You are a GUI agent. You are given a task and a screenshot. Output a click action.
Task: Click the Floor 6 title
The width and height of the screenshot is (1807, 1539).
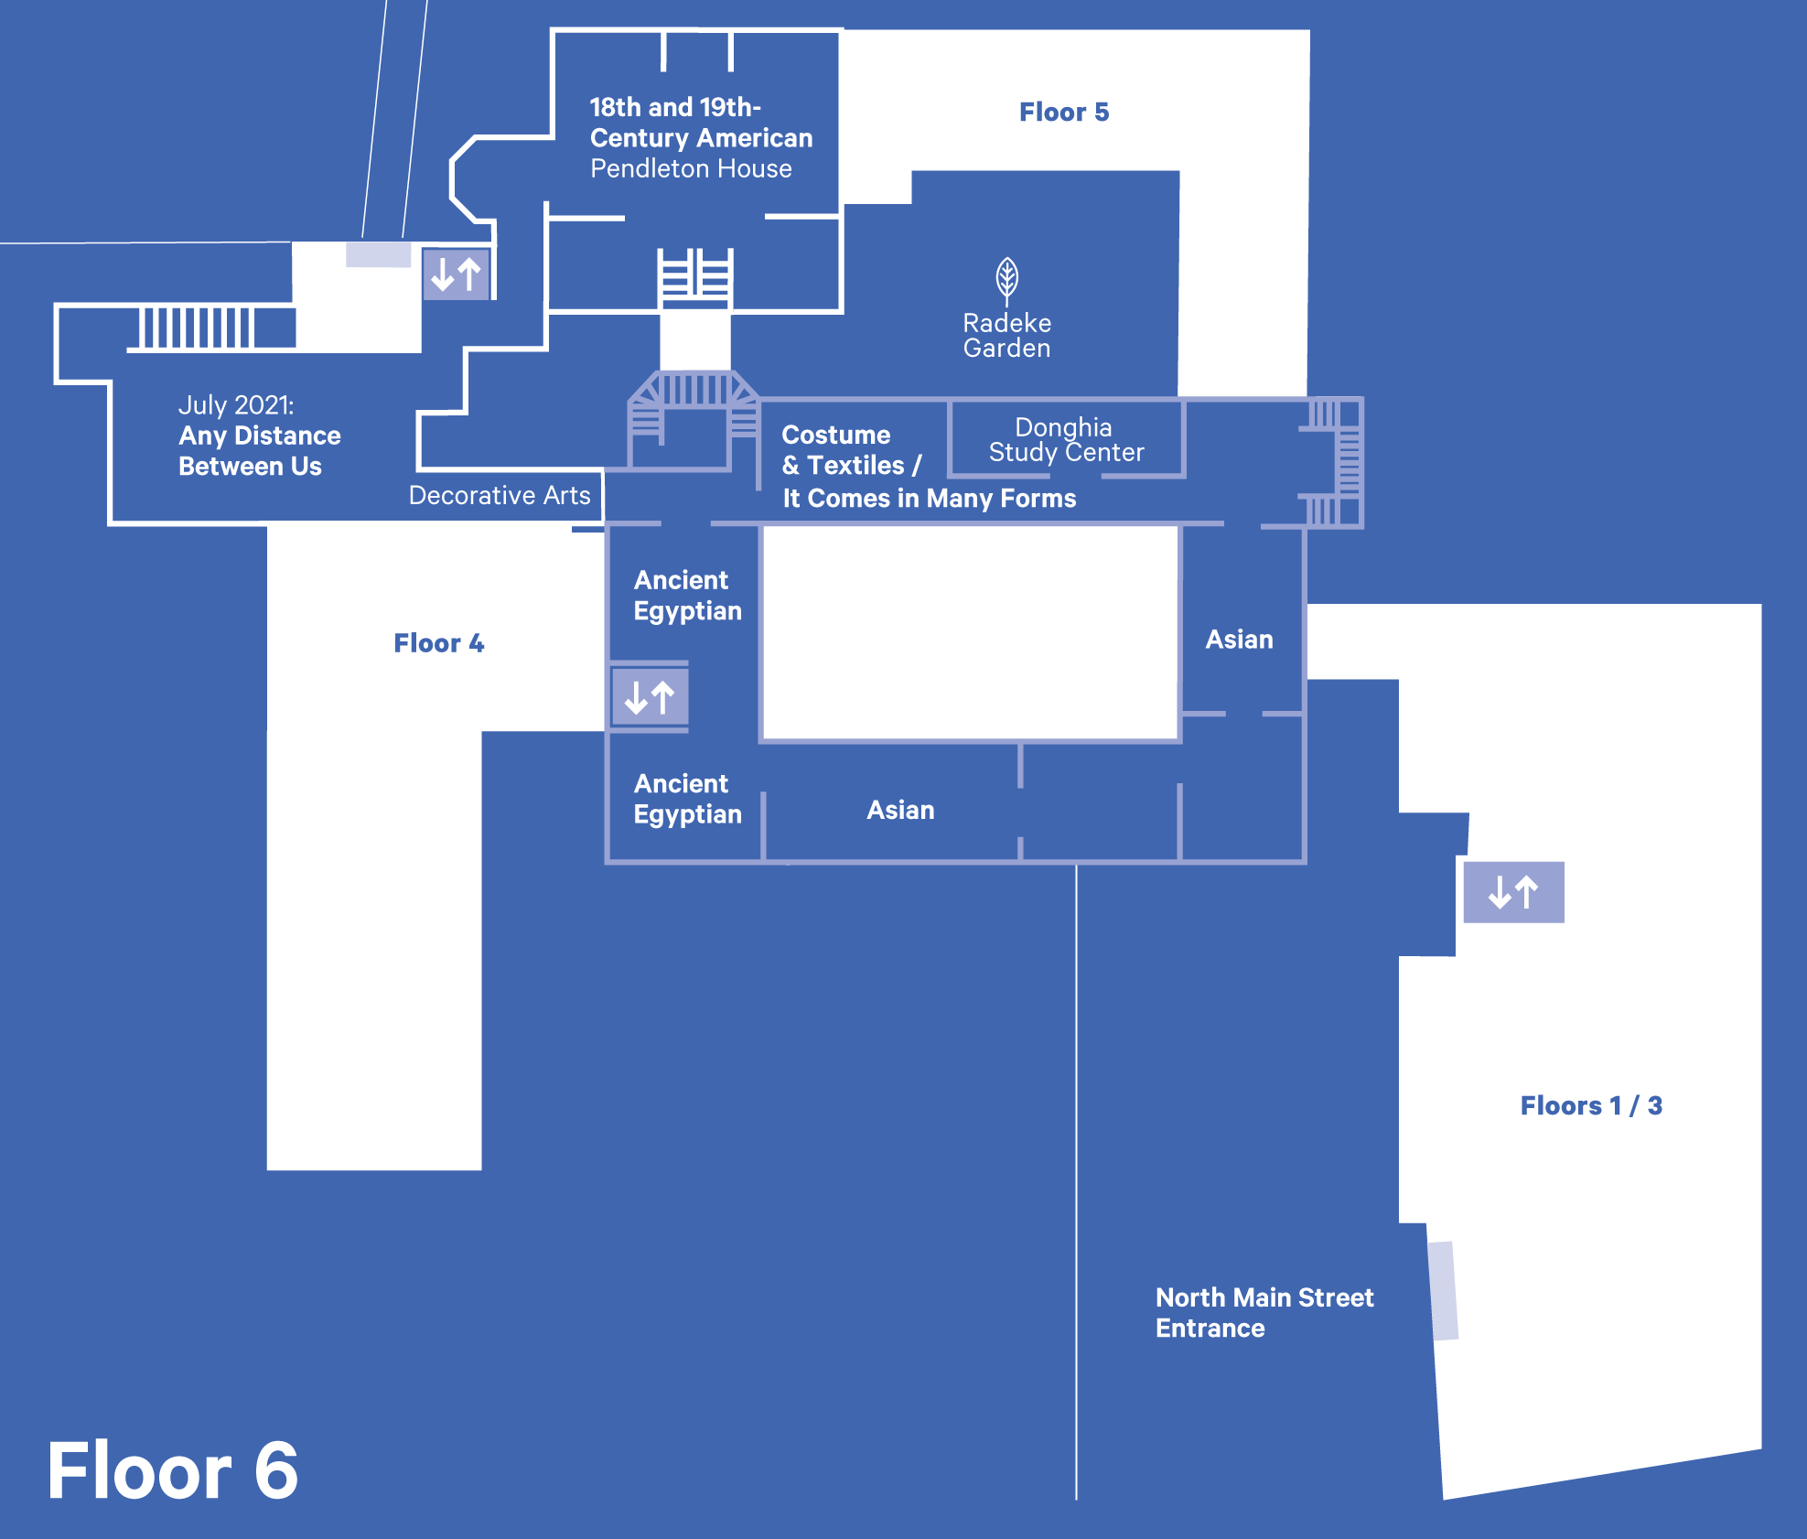(173, 1471)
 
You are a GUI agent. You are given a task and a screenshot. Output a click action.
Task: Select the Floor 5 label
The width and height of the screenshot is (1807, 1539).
(1064, 112)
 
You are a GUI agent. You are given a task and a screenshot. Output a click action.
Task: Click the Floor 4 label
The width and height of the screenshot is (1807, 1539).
(438, 643)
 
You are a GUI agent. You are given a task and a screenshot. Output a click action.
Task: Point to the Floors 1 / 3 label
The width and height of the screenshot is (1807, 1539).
(1591, 1105)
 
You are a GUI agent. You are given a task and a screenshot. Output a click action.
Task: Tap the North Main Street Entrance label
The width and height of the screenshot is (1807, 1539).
(1264, 1312)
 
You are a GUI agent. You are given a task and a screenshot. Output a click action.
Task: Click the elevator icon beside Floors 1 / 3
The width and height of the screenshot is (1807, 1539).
(1513, 892)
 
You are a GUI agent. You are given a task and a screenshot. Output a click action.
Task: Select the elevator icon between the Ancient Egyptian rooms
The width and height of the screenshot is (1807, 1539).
(650, 698)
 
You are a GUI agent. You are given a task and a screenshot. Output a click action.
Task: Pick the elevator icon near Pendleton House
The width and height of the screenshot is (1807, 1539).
(456, 274)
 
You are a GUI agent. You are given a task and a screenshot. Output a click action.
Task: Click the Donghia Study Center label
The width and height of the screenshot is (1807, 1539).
(1066, 440)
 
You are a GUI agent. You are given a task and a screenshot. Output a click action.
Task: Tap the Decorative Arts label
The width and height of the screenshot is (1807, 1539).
(500, 495)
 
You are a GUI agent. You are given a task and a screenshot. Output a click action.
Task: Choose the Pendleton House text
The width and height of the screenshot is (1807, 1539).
(691, 168)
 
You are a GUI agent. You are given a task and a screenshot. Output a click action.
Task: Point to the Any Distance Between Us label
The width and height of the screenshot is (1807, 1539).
(259, 450)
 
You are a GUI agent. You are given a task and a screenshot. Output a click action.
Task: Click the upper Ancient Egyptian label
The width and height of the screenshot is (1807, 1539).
(687, 595)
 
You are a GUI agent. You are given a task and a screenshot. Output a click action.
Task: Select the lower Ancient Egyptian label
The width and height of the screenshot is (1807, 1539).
(687, 799)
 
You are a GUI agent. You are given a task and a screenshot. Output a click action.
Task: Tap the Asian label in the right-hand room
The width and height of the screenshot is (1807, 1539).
(1239, 640)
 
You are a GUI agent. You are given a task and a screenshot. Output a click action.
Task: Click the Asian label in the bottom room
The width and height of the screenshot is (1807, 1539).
(900, 810)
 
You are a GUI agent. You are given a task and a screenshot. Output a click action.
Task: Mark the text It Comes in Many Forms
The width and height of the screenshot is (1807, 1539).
(929, 498)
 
